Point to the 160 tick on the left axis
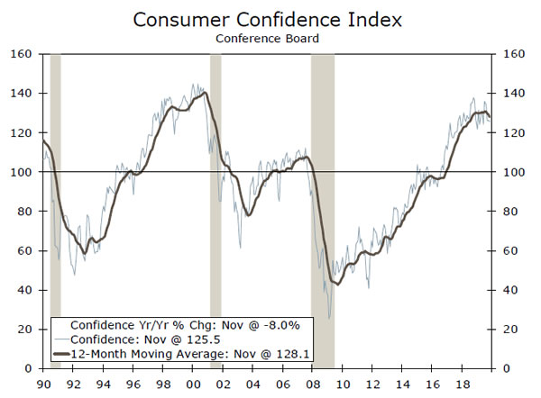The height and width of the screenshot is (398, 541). (x=22, y=54)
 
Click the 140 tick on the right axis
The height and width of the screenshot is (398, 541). (x=508, y=94)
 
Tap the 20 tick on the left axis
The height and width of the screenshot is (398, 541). (x=25, y=330)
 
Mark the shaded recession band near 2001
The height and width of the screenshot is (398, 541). (x=215, y=180)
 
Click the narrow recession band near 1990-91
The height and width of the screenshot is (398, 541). (x=55, y=180)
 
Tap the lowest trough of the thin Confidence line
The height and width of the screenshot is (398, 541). (x=329, y=318)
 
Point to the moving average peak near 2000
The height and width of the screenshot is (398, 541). (x=205, y=92)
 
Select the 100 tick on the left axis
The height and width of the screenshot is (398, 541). (x=22, y=172)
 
